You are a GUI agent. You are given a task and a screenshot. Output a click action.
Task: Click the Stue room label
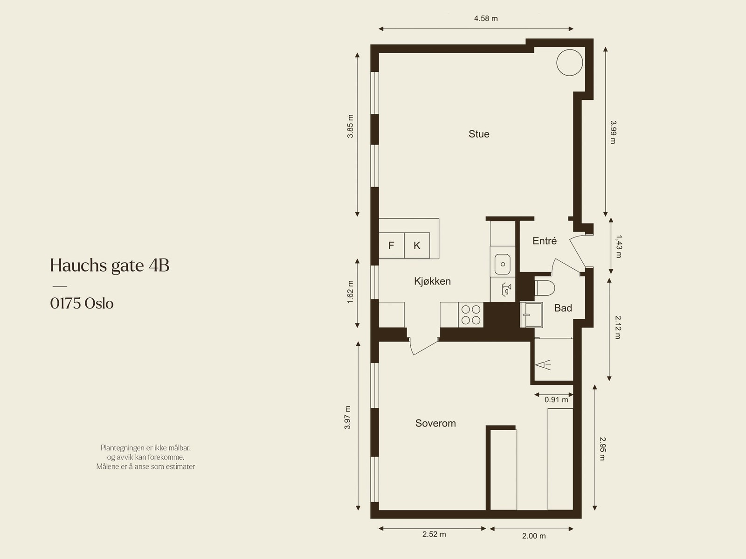click(479, 134)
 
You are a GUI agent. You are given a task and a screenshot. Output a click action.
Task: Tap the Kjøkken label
click(432, 281)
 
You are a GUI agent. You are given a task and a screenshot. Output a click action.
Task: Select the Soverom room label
click(435, 423)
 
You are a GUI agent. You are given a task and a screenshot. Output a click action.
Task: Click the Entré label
click(545, 241)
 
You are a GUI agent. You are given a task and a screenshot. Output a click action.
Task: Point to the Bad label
click(563, 308)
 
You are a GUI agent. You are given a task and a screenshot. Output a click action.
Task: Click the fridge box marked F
click(391, 245)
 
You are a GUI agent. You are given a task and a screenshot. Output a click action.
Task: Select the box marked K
click(417, 245)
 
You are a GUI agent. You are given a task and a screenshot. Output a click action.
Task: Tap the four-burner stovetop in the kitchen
click(470, 314)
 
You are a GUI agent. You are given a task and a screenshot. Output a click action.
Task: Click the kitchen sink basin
click(503, 264)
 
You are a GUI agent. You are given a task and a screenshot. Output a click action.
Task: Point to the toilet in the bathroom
click(544, 288)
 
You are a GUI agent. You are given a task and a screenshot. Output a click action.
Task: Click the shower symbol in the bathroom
click(543, 365)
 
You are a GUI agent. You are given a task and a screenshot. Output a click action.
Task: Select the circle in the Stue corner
click(569, 62)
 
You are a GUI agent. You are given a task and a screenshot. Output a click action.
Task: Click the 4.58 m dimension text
click(486, 19)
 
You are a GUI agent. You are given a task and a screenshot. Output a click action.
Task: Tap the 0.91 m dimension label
click(556, 400)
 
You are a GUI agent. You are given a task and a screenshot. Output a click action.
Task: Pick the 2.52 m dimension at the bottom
click(434, 534)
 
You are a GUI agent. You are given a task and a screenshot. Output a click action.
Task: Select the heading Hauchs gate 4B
click(110, 266)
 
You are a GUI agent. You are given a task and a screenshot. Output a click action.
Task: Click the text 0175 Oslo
click(82, 304)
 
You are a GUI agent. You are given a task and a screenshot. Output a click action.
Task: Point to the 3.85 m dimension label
click(350, 126)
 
